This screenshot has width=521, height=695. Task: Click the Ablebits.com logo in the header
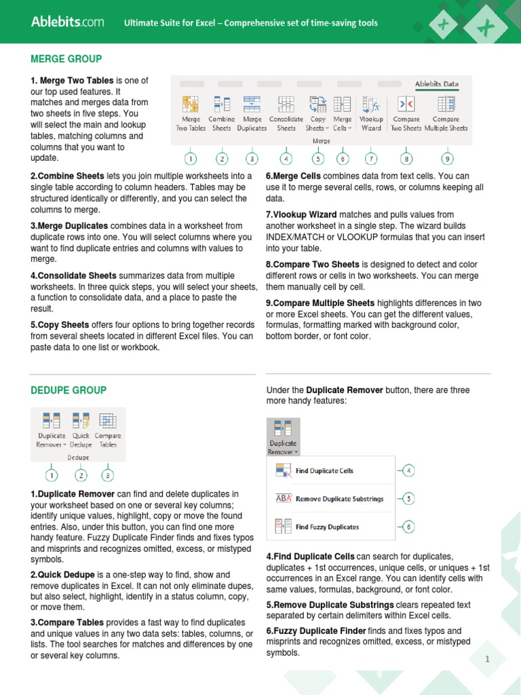click(67, 22)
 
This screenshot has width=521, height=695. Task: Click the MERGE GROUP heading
click(66, 59)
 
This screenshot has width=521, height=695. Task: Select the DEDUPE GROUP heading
click(69, 390)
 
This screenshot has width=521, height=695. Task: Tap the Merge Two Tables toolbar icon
click(191, 105)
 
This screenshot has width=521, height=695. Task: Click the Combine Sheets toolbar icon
click(221, 105)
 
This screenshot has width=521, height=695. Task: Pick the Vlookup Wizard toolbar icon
click(370, 105)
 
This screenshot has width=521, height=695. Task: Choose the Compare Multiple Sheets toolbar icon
click(446, 105)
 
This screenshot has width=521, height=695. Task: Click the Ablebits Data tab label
click(437, 84)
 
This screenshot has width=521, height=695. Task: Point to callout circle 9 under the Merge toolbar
click(446, 159)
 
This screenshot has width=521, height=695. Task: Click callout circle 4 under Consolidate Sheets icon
click(286, 159)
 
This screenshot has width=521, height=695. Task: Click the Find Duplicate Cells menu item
click(324, 470)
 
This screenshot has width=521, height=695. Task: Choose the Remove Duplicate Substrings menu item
click(339, 499)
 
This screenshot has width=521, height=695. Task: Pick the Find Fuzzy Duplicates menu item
click(327, 527)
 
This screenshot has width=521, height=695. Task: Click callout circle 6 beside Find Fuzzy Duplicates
click(408, 527)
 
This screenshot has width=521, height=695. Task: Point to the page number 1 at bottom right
click(487, 660)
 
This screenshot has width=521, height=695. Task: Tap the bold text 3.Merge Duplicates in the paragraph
click(69, 226)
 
